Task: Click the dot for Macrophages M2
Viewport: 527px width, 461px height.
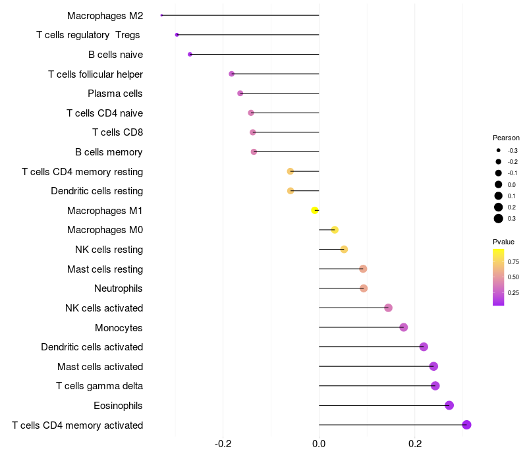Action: pyautogui.click(x=161, y=15)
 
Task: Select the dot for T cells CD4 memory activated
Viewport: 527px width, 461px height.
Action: pyautogui.click(x=466, y=425)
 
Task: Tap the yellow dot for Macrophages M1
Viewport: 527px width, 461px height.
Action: pyautogui.click(x=315, y=210)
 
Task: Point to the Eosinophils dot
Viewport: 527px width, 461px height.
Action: pyautogui.click(x=449, y=405)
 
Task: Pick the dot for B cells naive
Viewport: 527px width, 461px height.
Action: pyautogui.click(x=190, y=54)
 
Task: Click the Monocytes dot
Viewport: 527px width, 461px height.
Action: pyautogui.click(x=404, y=327)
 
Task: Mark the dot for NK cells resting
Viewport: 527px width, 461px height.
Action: pyautogui.click(x=344, y=249)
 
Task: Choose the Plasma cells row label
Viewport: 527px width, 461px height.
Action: pyautogui.click(x=115, y=94)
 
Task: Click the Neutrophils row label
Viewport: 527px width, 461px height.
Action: pyautogui.click(x=119, y=288)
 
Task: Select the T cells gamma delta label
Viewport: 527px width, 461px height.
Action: pyautogui.click(x=99, y=386)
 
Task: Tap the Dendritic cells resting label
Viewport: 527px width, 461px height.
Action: pyautogui.click(x=97, y=191)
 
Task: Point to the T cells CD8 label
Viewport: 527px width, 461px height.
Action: pyautogui.click(x=117, y=132)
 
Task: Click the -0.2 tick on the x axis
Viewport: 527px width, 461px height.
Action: pyautogui.click(x=223, y=444)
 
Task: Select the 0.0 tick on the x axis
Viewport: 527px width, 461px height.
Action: pyautogui.click(x=319, y=444)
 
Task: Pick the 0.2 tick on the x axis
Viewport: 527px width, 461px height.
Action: pyautogui.click(x=415, y=444)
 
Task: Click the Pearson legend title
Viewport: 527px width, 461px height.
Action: pyautogui.click(x=506, y=138)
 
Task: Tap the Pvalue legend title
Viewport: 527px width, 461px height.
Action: pyautogui.click(x=503, y=242)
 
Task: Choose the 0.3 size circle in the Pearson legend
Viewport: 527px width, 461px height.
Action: pyautogui.click(x=499, y=219)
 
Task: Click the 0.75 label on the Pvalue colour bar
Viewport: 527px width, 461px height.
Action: pyautogui.click(x=513, y=261)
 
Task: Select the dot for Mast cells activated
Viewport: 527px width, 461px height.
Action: pyautogui.click(x=433, y=366)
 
